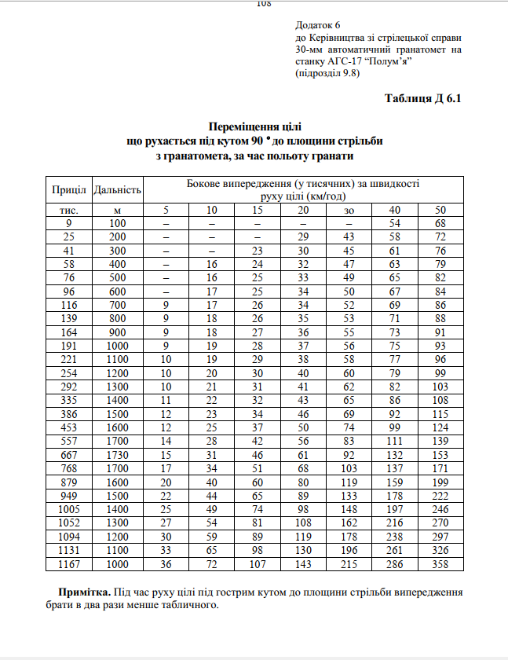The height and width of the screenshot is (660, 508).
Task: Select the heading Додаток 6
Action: [x=318, y=26]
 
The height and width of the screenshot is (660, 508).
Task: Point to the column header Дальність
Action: [x=117, y=190]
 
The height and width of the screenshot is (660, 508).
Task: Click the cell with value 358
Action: [x=440, y=565]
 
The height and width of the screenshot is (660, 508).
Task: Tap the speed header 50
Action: [x=440, y=210]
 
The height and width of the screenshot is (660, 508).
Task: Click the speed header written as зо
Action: [x=349, y=210]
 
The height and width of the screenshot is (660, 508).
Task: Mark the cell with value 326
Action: [x=440, y=551]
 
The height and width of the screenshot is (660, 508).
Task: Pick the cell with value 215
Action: [x=349, y=565]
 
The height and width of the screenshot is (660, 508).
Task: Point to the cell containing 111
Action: [x=394, y=440]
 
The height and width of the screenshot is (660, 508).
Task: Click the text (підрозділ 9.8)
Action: [x=327, y=73]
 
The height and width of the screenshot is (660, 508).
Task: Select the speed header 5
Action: [x=166, y=210]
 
